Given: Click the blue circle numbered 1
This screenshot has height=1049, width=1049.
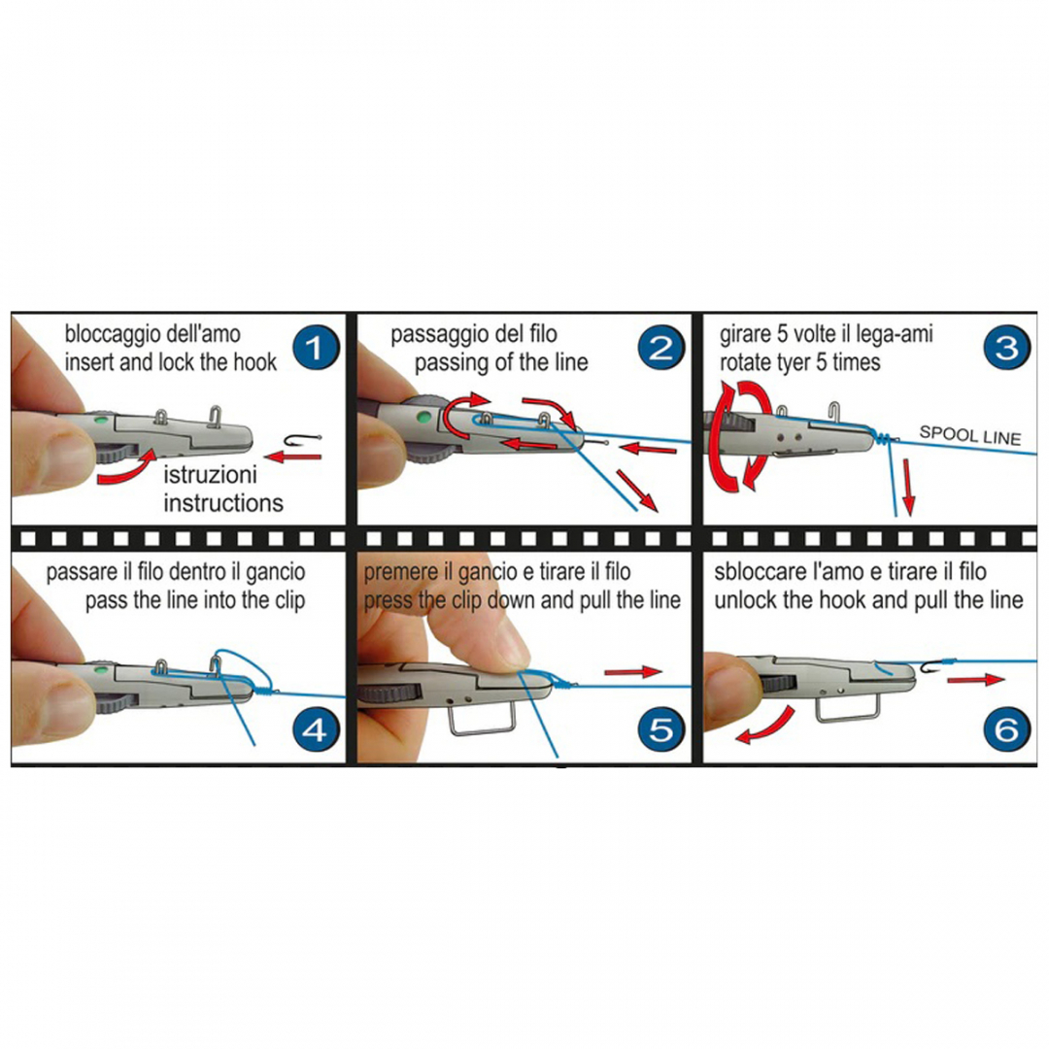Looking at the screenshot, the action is point(315,347).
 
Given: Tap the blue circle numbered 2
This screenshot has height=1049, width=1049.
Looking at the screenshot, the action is point(660,347).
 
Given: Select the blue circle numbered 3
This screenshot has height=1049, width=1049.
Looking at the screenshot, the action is point(1006,347).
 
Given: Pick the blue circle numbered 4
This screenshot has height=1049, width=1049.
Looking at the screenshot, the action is point(315,728).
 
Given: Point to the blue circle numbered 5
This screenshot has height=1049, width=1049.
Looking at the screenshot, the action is point(660,728).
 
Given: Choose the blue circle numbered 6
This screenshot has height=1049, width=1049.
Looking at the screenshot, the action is point(1006,728).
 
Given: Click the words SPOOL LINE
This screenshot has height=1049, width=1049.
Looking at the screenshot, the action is point(970,435).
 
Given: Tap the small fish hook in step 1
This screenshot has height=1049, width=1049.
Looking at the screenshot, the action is point(303,440).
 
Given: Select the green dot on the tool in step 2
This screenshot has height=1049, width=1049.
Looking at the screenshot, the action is point(423,419).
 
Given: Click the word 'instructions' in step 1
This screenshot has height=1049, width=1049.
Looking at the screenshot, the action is point(223,502).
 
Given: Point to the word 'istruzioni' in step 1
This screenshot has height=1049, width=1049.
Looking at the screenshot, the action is point(210,474).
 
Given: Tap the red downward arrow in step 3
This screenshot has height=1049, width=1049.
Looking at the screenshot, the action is point(908,487).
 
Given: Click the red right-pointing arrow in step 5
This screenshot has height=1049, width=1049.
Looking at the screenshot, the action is point(633,672).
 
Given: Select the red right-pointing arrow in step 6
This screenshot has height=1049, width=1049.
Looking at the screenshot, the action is point(976,680).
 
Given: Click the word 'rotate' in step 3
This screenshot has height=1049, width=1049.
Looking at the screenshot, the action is point(746,362).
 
